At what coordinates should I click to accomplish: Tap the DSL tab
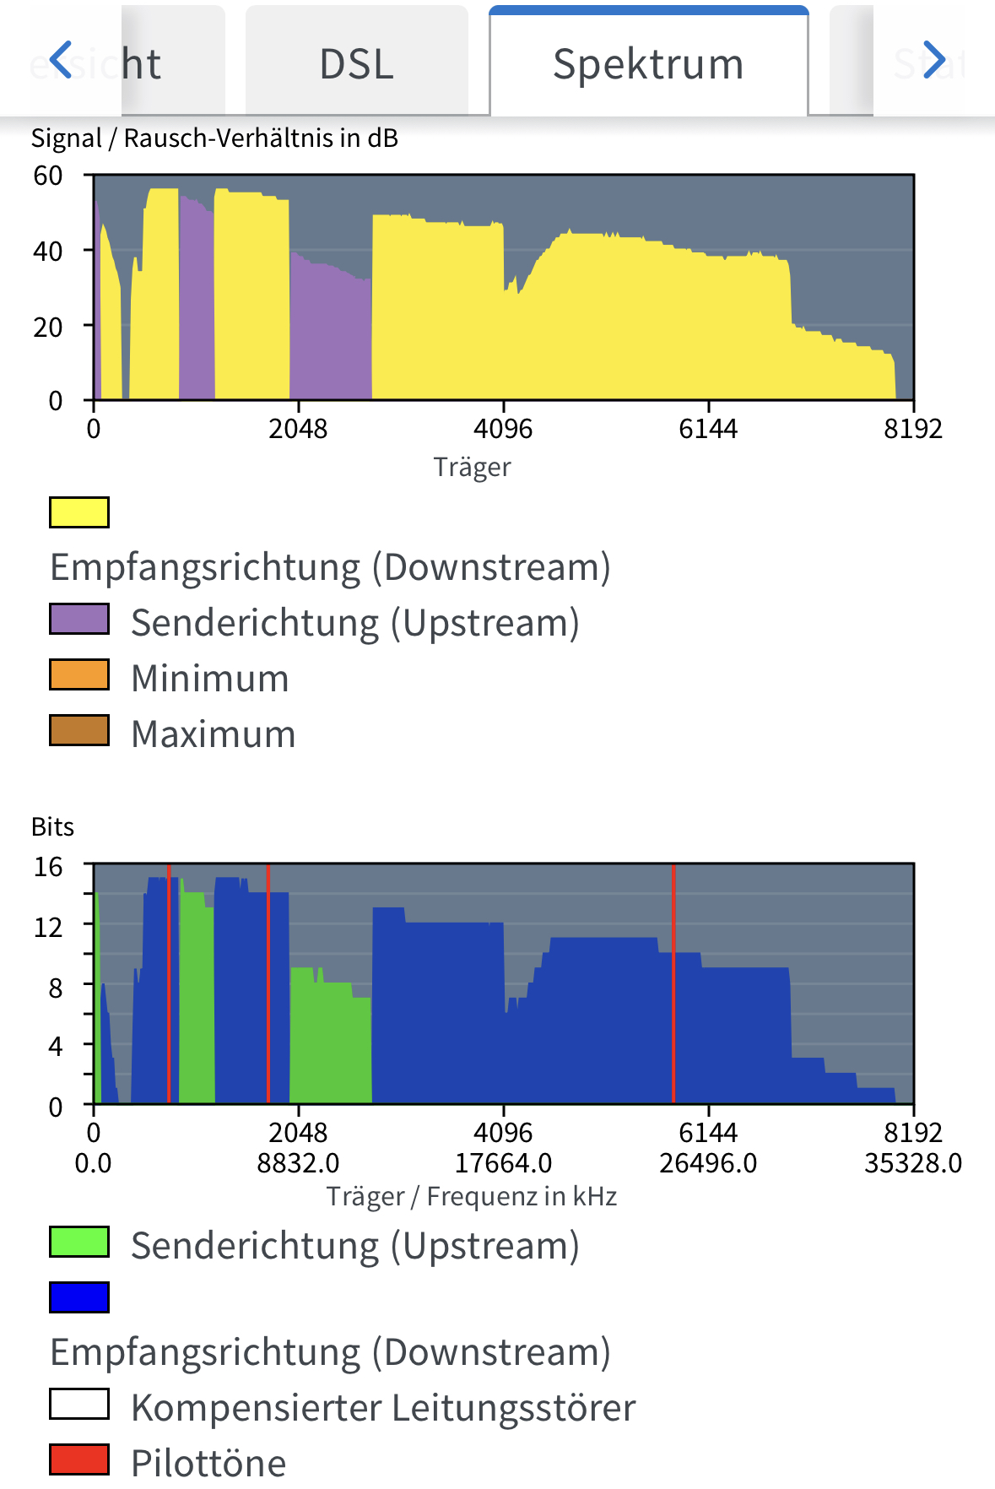tap(356, 64)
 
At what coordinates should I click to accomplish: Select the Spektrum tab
tap(648, 64)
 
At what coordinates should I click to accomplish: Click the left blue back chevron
tap(61, 60)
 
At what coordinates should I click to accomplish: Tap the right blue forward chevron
tap(933, 60)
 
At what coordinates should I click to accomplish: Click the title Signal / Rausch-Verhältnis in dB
tap(214, 138)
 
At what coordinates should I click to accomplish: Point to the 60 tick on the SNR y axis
tap(48, 176)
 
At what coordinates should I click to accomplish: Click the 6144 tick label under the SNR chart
tap(708, 429)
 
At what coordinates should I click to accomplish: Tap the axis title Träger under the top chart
tap(472, 467)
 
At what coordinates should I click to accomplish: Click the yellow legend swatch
tap(79, 512)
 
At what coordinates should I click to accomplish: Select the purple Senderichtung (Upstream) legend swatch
tap(79, 619)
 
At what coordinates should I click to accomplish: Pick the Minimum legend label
tap(210, 679)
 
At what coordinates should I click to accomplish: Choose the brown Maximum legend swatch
tap(79, 730)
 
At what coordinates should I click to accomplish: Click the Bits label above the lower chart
tap(52, 826)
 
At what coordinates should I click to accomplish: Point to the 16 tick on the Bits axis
tap(48, 867)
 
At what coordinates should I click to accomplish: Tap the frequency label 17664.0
tap(503, 1163)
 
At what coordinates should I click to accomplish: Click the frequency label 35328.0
tap(912, 1163)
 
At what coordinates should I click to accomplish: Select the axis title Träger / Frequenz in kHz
tap(472, 1196)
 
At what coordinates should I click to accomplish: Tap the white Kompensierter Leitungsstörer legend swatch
tap(79, 1404)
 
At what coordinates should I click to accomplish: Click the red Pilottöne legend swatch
tap(79, 1459)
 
